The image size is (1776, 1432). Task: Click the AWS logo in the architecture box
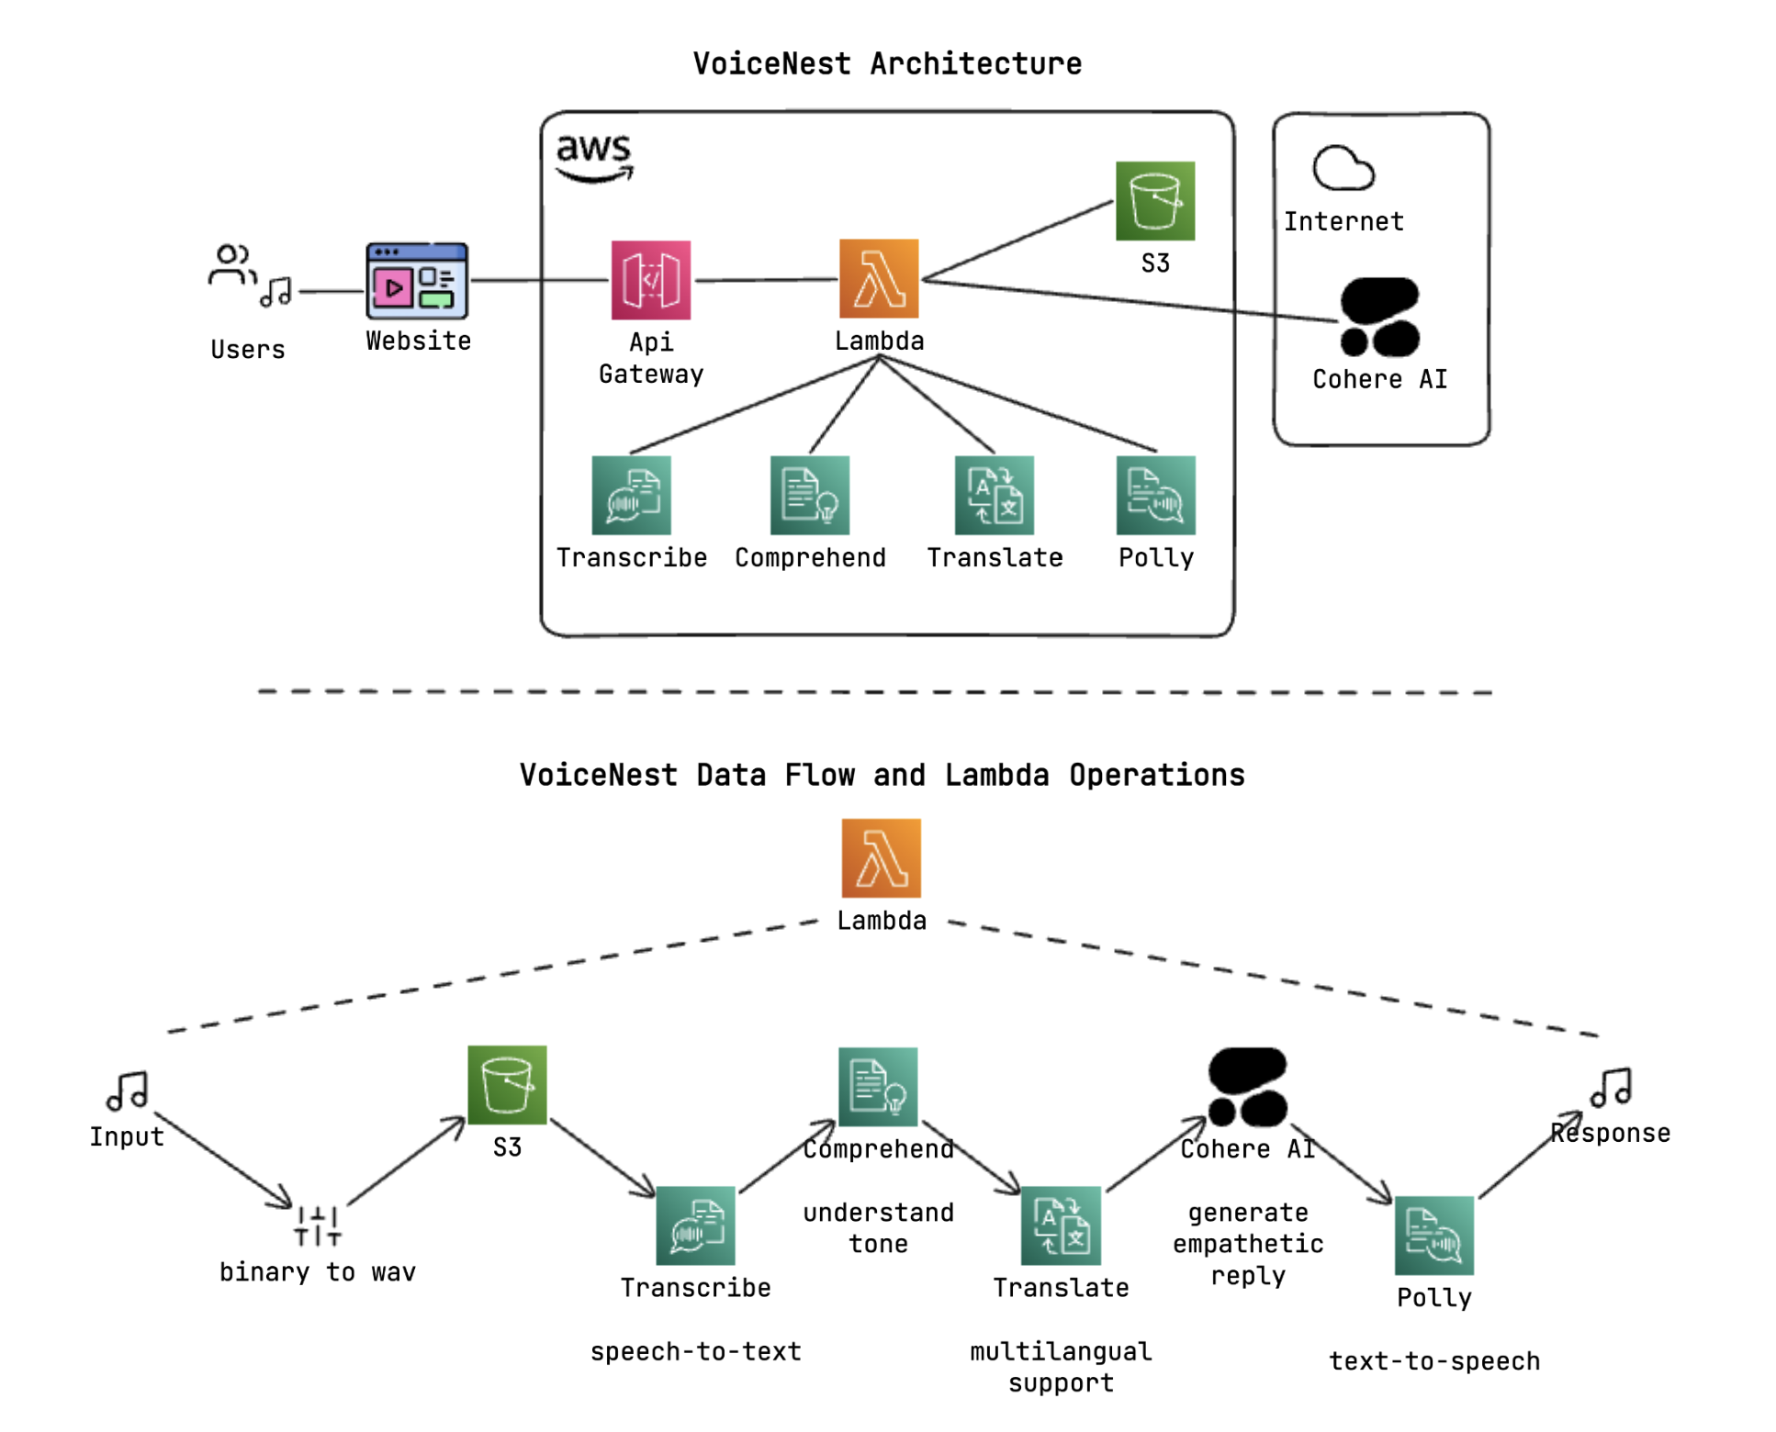pos(594,156)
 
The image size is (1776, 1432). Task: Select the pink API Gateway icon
pos(650,280)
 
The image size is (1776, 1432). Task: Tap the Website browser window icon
pos(417,281)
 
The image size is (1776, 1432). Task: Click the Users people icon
pos(230,264)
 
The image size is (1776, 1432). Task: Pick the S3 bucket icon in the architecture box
pos(1154,201)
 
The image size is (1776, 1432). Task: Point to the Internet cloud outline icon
pos(1343,168)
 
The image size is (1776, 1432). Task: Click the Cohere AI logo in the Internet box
pos(1379,317)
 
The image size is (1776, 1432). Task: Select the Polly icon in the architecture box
pos(1155,495)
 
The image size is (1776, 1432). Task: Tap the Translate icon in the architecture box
pos(994,495)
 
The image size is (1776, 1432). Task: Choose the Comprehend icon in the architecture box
pos(809,495)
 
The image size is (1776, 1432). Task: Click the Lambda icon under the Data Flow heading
pos(881,857)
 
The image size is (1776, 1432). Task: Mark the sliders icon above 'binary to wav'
pos(318,1225)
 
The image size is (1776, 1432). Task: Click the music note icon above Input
pos(128,1091)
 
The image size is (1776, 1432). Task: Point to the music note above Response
pos(1611,1087)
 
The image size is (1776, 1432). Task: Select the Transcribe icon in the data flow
pos(695,1225)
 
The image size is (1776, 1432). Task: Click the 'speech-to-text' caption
pos(695,1350)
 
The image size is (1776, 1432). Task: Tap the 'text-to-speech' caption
pos(1433,1360)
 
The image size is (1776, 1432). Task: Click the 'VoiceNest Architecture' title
pos(887,63)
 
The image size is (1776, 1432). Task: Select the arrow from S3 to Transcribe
pos(602,1158)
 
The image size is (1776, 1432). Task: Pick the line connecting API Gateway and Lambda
pos(764,280)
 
